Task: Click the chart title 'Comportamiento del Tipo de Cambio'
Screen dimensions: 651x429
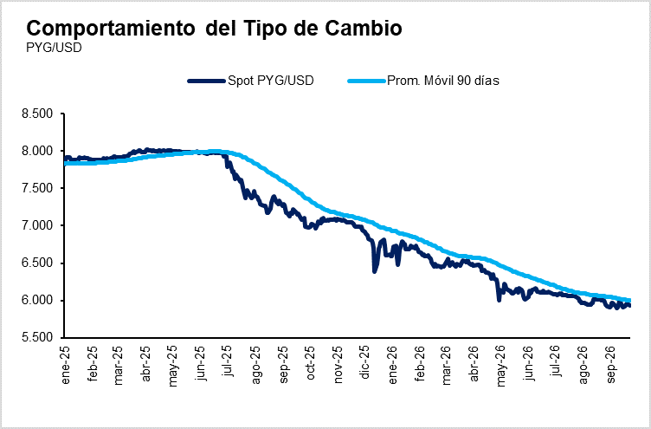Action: pos(214,29)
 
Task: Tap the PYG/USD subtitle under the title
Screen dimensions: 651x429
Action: pos(54,48)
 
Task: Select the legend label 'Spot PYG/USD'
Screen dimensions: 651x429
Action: pos(271,81)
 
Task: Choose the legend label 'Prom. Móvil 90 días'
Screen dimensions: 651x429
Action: pos(443,81)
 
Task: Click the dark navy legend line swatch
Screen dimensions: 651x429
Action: pos(207,81)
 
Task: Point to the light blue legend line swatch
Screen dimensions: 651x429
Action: pos(366,81)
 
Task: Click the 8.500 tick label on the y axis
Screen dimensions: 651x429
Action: pos(37,114)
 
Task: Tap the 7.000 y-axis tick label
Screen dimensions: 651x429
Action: pos(37,225)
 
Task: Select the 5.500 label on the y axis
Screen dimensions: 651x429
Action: pos(37,337)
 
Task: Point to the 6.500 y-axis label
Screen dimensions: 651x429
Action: pos(37,263)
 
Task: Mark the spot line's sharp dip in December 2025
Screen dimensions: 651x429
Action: pos(374,271)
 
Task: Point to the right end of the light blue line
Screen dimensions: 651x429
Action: pos(630,301)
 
